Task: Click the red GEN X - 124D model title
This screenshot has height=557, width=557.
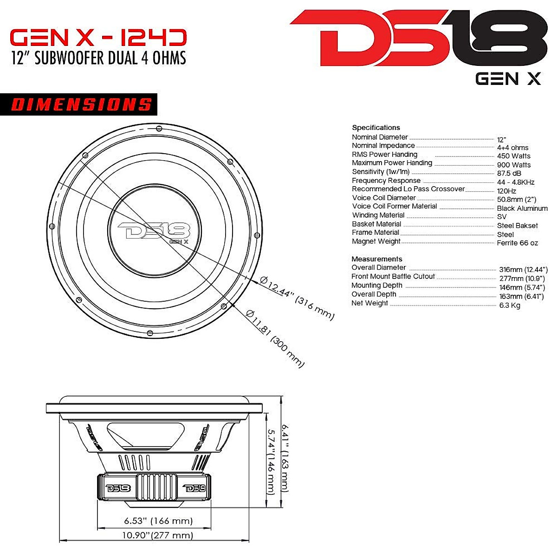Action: [x=98, y=38]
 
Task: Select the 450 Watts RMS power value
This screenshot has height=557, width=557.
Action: [x=513, y=156]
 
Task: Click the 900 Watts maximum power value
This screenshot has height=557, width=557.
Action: [x=513, y=165]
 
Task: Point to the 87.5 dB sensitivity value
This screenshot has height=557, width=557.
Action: [x=509, y=173]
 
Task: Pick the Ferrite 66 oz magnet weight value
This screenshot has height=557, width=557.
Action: [x=517, y=243]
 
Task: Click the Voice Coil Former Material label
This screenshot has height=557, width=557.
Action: [x=395, y=206]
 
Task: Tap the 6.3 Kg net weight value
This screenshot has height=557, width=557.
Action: [x=509, y=305]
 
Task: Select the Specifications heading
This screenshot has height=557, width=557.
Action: [x=376, y=127]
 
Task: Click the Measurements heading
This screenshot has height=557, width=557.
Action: [x=376, y=259]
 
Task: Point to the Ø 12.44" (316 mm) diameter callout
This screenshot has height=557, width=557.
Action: [x=297, y=297]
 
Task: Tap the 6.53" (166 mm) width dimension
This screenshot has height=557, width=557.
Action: [x=158, y=521]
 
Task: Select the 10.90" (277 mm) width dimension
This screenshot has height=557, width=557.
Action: [x=157, y=535]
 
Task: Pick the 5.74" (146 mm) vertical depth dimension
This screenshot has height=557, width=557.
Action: [x=271, y=461]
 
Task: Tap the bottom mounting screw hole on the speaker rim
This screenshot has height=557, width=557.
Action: [x=149, y=333]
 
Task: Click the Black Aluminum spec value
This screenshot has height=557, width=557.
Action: [x=522, y=208]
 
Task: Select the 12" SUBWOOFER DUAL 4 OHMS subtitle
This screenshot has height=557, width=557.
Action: [x=98, y=58]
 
